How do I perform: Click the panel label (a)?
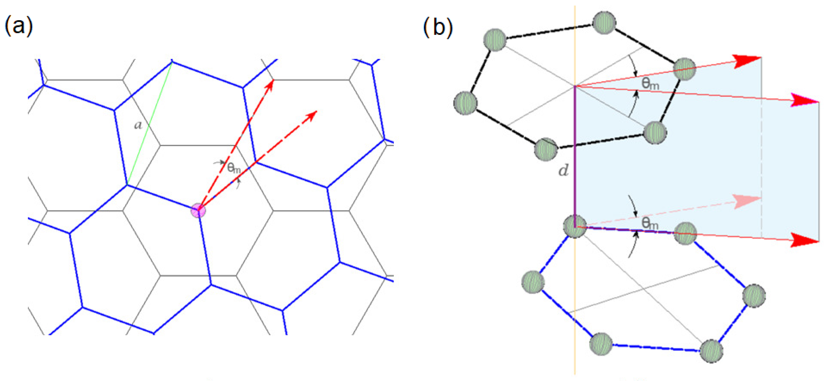[x=19, y=26]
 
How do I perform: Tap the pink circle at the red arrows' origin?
[x=198, y=210]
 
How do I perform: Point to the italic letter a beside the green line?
[x=138, y=125]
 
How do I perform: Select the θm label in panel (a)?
[x=234, y=168]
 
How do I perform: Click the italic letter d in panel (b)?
[x=563, y=170]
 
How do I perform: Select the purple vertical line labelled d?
[x=575, y=156]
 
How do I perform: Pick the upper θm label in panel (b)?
[x=650, y=84]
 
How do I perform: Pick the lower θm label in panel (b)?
[x=650, y=223]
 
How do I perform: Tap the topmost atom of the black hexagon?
[x=604, y=22]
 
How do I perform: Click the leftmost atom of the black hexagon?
[x=466, y=103]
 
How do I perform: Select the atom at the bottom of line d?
[x=575, y=227]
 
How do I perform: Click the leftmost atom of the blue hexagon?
[x=533, y=282]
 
